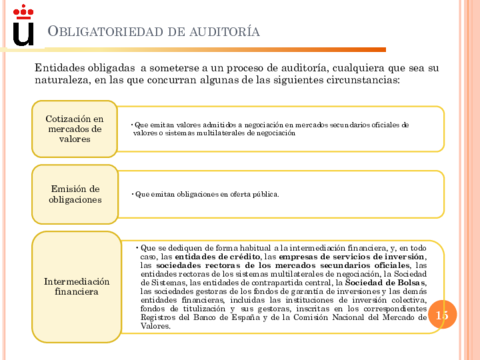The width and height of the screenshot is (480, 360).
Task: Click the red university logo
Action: [x=21, y=27]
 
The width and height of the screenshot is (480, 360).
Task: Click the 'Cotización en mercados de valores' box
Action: [x=74, y=128]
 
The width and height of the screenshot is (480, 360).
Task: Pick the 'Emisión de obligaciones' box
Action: [x=74, y=194]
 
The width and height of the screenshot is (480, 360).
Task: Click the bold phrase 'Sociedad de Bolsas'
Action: [x=372, y=284]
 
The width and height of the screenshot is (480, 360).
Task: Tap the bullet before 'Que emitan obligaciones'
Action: [x=130, y=194]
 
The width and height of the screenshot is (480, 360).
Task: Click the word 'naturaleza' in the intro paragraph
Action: [x=61, y=80]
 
